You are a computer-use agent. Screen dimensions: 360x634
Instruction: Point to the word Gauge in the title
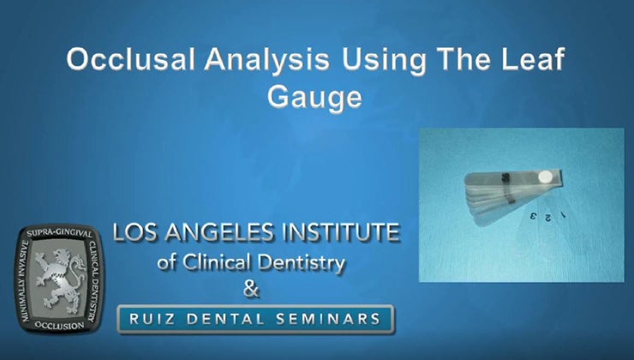314,98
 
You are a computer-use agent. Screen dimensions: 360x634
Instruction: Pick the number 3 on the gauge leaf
533,216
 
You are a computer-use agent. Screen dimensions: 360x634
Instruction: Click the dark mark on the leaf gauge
505,178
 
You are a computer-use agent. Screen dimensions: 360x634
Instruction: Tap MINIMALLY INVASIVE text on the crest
24,279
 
